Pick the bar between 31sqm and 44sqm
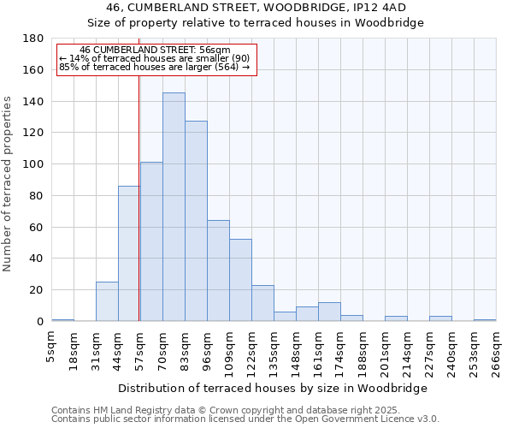point(107,301)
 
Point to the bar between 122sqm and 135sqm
point(262,303)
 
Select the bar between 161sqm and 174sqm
point(329,312)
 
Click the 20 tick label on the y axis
point(37,290)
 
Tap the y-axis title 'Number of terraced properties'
point(9,184)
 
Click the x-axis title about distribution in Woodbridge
point(272,388)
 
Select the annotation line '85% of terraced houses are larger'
point(154,67)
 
